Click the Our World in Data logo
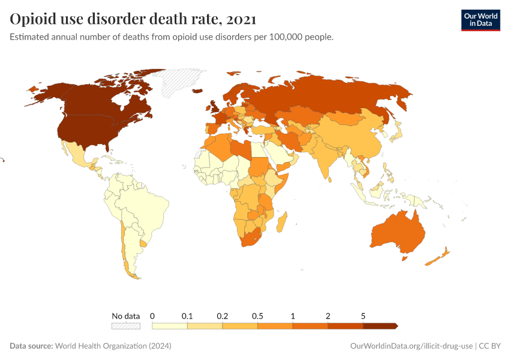pyautogui.click(x=480, y=20)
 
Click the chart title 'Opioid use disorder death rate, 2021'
pyautogui.click(x=133, y=19)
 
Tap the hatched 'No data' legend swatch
pyautogui.click(x=125, y=326)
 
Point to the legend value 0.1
pyautogui.click(x=187, y=316)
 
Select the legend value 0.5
pyautogui.click(x=257, y=316)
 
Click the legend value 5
pyautogui.click(x=363, y=316)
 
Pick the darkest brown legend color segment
pyautogui.click(x=380, y=326)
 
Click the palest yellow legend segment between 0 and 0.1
pyautogui.click(x=170, y=326)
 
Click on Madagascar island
pyautogui.click(x=281, y=223)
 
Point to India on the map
pyautogui.click(x=326, y=159)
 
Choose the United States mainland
pyautogui.click(x=84, y=129)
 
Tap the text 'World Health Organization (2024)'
pyautogui.click(x=113, y=346)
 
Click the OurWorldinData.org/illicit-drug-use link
pyautogui.click(x=411, y=346)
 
